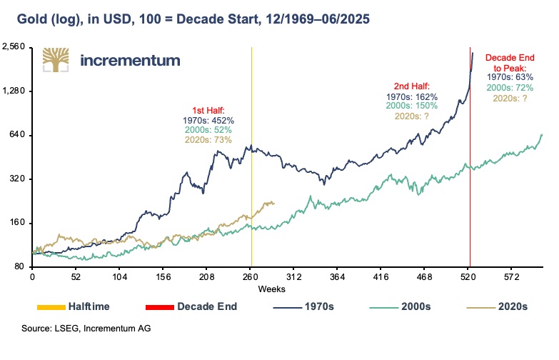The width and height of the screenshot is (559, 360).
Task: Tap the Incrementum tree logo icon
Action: (56, 60)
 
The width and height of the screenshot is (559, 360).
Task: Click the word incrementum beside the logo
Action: (130, 61)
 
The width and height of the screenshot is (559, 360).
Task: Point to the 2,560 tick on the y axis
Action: (14, 47)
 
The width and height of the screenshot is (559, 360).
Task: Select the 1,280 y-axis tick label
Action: (14, 91)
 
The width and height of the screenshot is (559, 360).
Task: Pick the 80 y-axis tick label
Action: (19, 267)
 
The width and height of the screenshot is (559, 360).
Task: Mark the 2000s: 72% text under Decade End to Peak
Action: (510, 86)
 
